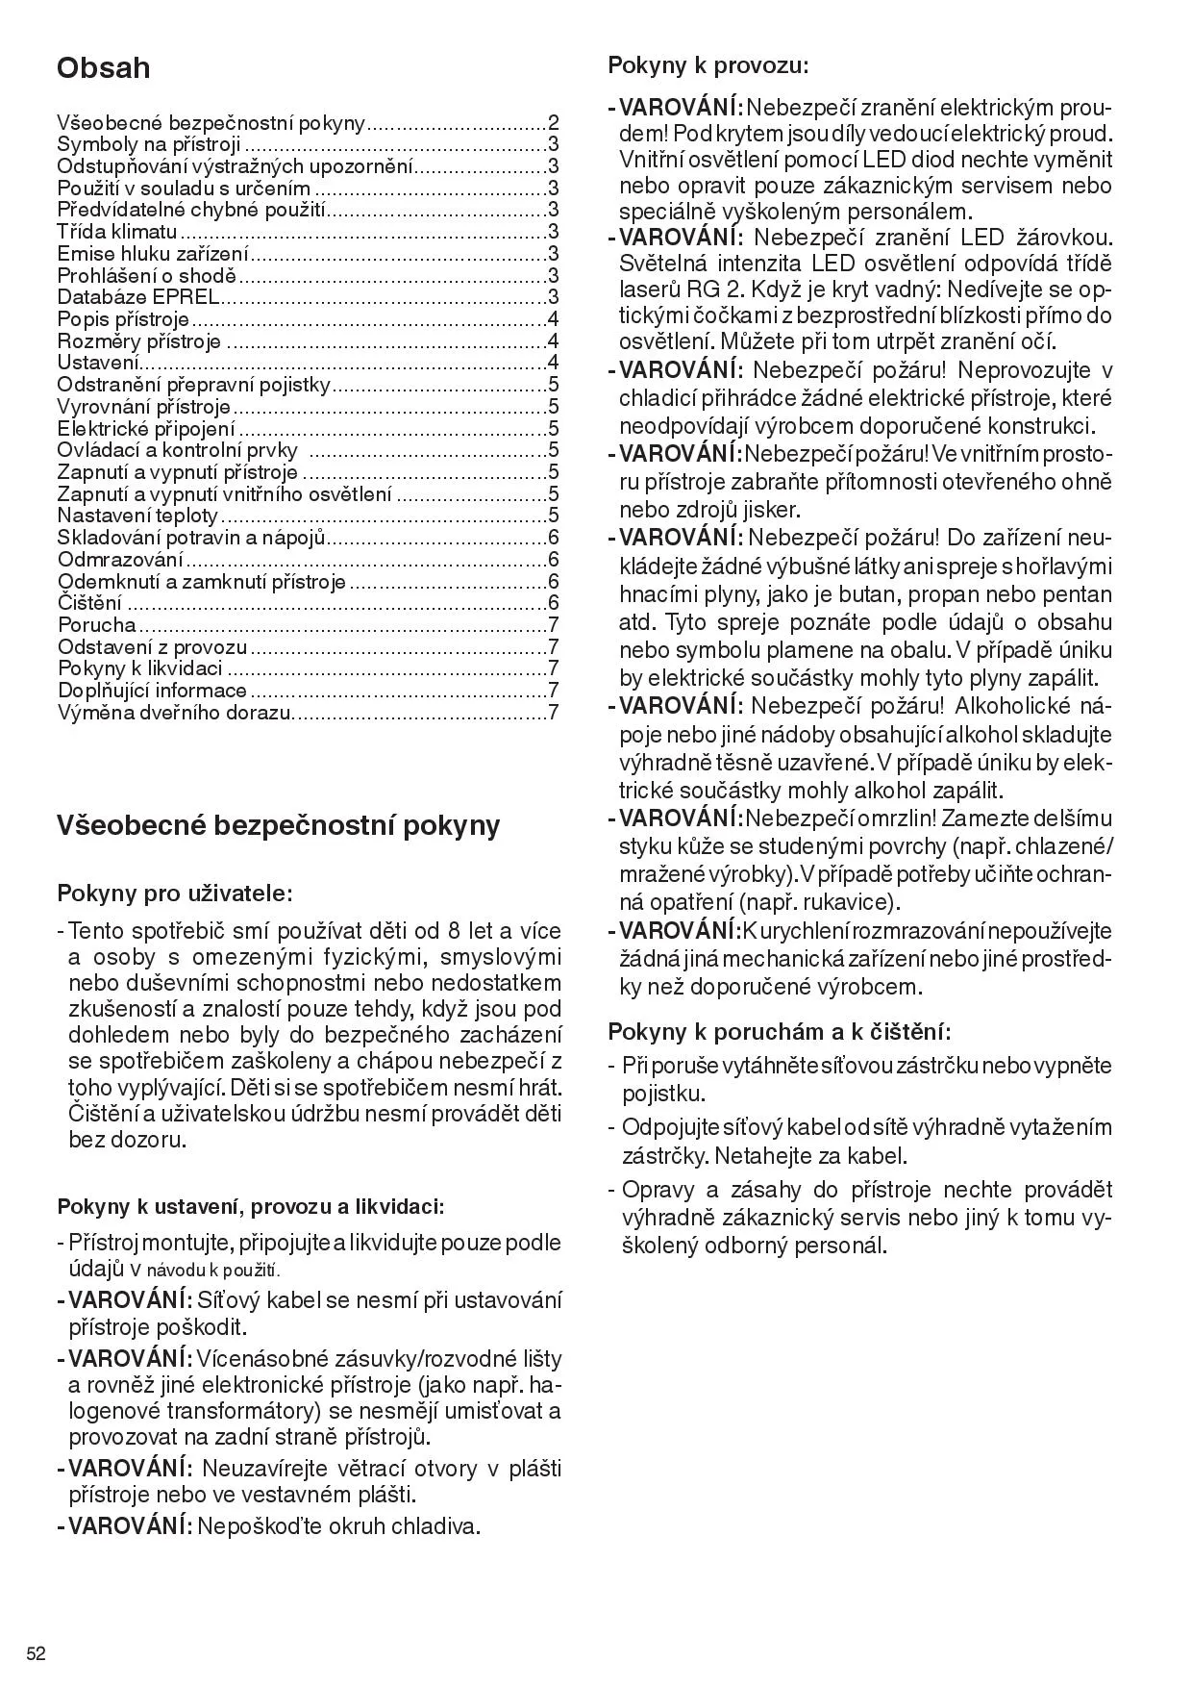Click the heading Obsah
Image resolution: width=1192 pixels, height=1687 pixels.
(104, 68)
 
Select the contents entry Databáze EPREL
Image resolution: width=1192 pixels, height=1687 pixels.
(137, 297)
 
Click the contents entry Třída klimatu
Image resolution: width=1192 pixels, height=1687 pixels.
(117, 232)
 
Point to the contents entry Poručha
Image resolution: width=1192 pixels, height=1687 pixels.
(97, 625)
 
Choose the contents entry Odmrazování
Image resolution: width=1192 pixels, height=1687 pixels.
(120, 560)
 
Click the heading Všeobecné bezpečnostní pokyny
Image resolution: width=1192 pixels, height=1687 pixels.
(279, 825)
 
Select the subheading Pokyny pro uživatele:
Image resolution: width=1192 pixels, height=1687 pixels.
(175, 894)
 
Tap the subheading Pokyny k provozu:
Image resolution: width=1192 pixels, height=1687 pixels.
(708, 66)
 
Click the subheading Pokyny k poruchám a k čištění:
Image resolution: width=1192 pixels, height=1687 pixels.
(780, 1032)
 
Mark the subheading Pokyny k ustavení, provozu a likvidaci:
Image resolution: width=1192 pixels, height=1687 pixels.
(251, 1206)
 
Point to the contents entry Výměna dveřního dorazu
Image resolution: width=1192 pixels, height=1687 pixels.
(174, 713)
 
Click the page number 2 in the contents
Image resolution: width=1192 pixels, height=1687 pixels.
(553, 123)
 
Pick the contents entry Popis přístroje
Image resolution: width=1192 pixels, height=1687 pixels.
(123, 319)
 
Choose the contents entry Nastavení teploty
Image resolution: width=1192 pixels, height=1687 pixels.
(137, 516)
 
